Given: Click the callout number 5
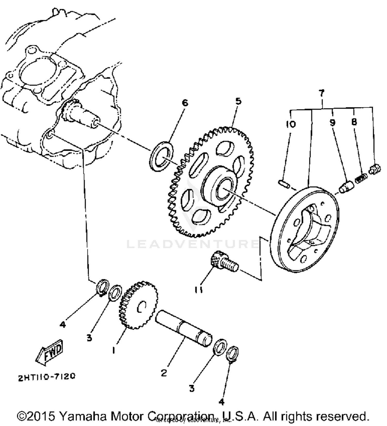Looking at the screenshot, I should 238,101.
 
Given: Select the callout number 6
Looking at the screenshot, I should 185,103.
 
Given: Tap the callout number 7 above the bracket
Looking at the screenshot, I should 321,93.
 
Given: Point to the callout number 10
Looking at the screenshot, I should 291,124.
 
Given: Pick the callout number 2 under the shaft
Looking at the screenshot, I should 164,373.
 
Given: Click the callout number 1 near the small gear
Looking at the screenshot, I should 114,350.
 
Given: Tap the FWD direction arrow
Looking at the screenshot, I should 50,352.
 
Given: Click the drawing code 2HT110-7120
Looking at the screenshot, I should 47,377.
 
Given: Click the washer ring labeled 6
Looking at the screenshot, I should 162,156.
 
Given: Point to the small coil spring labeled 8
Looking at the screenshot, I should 361,178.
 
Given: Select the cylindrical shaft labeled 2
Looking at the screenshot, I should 183,328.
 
